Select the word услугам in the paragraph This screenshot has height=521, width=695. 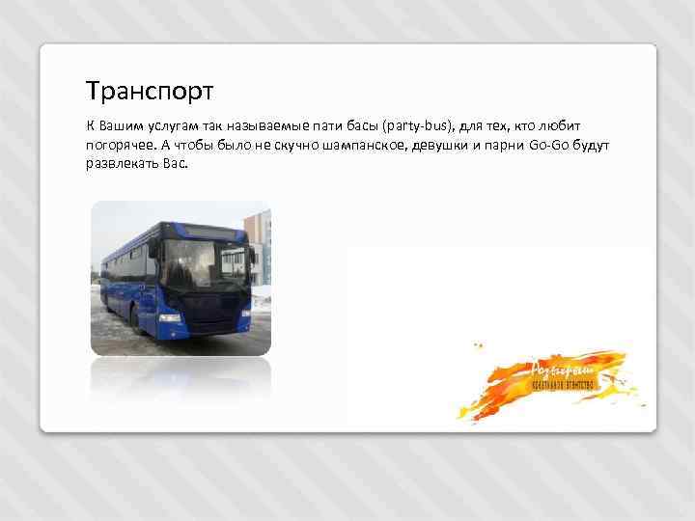tap(175, 126)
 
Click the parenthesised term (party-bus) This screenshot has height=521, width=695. tap(419, 126)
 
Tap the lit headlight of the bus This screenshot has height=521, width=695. tap(170, 317)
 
